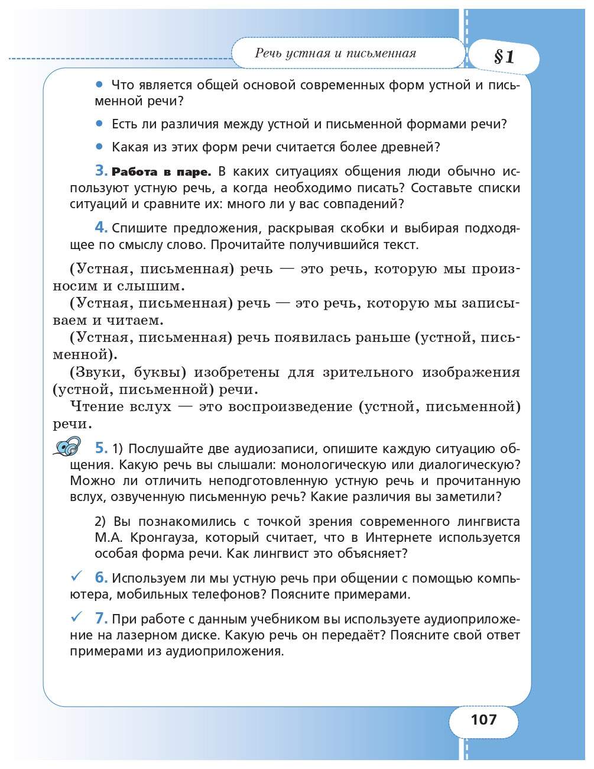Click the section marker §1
(x=504, y=57)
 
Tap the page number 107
(x=484, y=720)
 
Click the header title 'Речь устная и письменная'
(x=335, y=53)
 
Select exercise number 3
(x=101, y=172)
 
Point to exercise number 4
(x=101, y=228)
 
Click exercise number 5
(x=101, y=448)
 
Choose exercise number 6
(x=101, y=577)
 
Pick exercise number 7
(x=101, y=619)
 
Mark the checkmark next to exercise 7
(x=75, y=617)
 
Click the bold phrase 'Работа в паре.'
(x=161, y=173)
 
